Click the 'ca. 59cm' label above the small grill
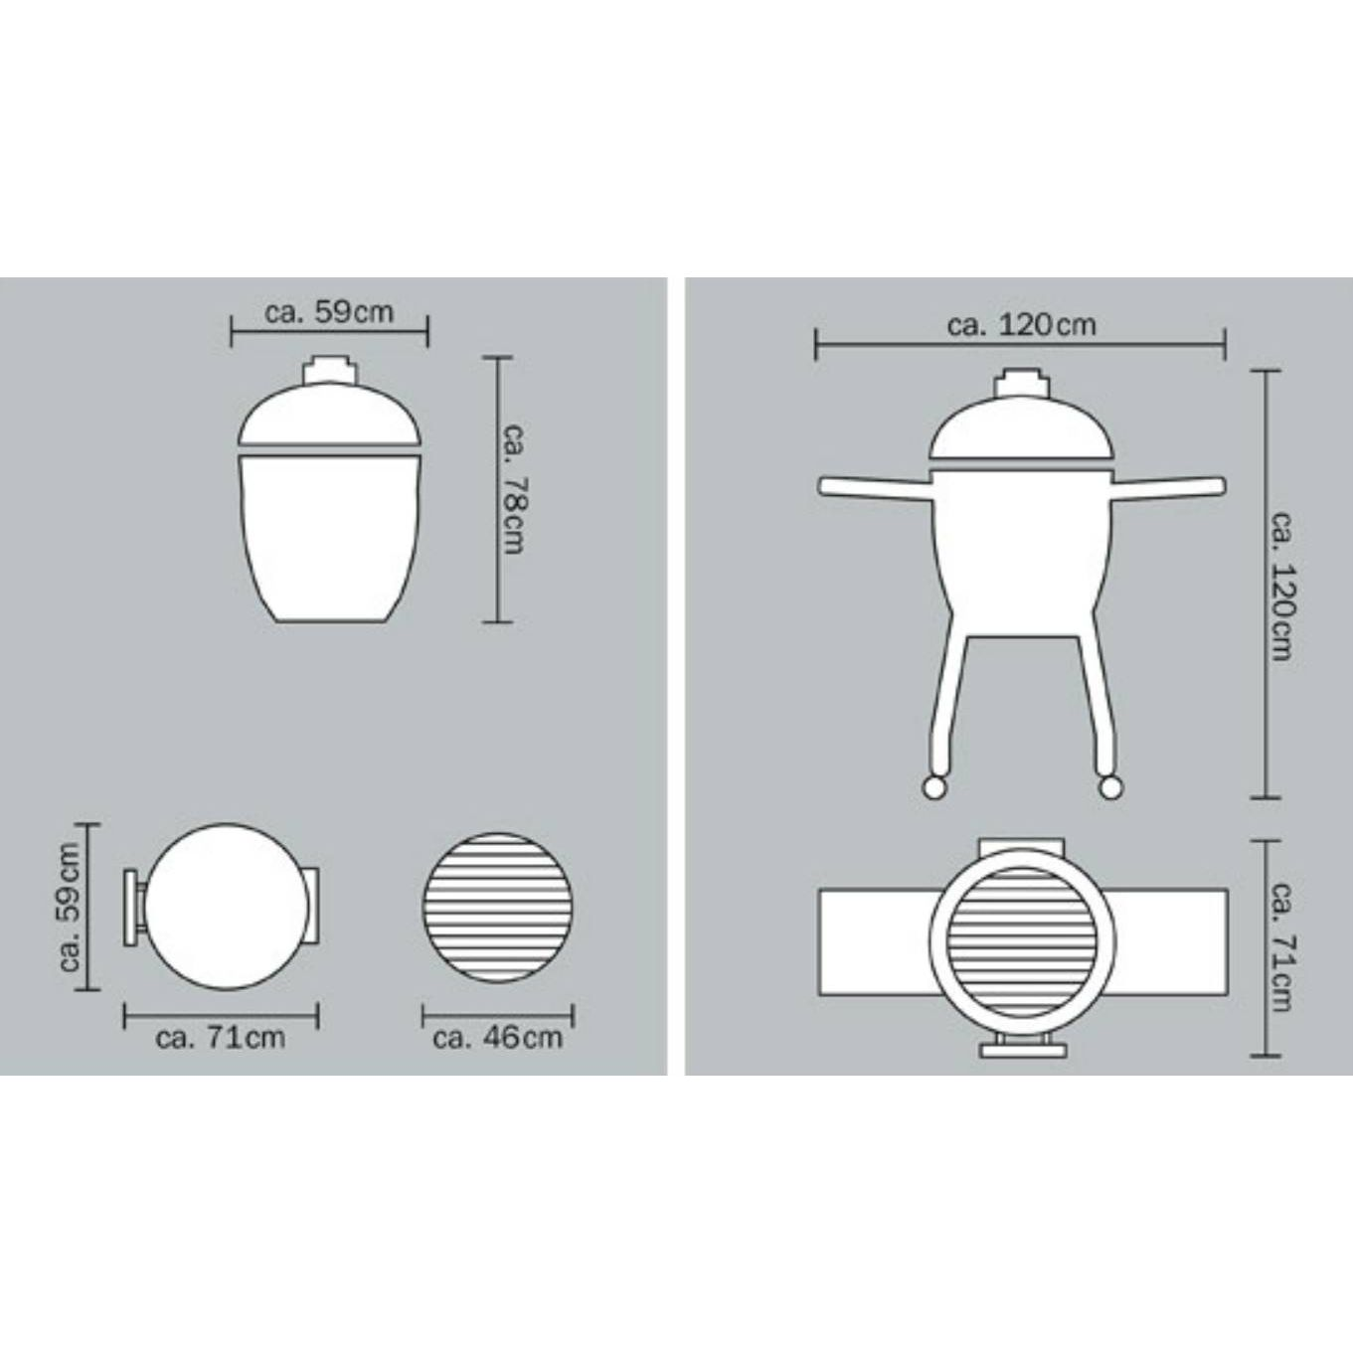pos(329,312)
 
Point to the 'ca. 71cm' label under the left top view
pos(221,1038)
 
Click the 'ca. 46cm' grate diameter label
pos(498,1038)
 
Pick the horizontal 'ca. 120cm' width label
pos(1022,326)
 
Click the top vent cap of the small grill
pos(329,370)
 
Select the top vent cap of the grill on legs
pos(1022,384)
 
